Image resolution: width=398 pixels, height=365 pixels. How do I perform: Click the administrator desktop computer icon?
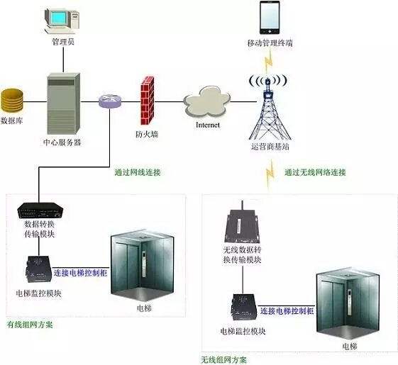pos(62,21)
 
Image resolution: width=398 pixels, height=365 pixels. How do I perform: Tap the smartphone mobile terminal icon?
pos(270,18)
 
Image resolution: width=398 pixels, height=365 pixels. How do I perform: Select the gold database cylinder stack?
pos(12,101)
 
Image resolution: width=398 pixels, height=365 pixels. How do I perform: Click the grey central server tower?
pos(64,103)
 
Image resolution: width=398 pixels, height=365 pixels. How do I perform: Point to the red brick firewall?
pos(148,101)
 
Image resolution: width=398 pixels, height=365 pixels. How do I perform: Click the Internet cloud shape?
pos(207,101)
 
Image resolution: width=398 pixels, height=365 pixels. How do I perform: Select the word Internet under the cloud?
pos(208,125)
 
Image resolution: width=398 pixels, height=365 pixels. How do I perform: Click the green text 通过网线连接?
pos(138,172)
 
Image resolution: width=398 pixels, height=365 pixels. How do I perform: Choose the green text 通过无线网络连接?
pos(315,172)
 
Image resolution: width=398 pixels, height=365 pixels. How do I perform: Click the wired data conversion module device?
pos(40,210)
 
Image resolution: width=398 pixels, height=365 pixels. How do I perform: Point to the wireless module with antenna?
pos(242,223)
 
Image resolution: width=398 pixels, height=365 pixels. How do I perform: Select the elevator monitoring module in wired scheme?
pos(39,269)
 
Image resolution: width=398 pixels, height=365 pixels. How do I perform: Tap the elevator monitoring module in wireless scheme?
pos(244,307)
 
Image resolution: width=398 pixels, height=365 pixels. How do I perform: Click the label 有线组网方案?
pos(30,325)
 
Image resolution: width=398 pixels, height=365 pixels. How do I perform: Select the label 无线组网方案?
pos(223,359)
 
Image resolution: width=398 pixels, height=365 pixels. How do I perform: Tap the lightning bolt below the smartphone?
pos(269,61)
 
